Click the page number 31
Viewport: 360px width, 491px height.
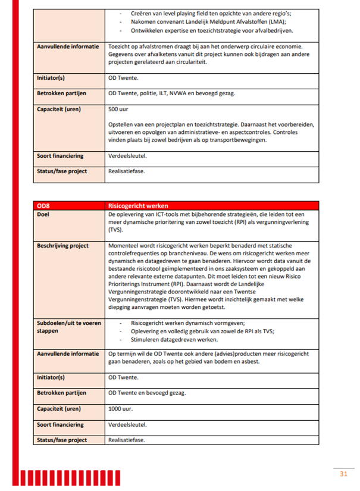(x=343, y=474)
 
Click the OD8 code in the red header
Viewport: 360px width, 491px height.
(x=43, y=205)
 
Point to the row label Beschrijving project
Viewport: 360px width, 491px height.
(x=62, y=245)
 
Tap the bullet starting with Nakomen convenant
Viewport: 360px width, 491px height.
(x=208, y=21)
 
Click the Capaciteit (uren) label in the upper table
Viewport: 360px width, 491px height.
(x=59, y=109)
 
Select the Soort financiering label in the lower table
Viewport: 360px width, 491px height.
(x=60, y=424)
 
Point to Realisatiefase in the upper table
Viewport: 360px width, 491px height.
(x=126, y=171)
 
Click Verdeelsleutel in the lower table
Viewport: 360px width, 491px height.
(x=127, y=424)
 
